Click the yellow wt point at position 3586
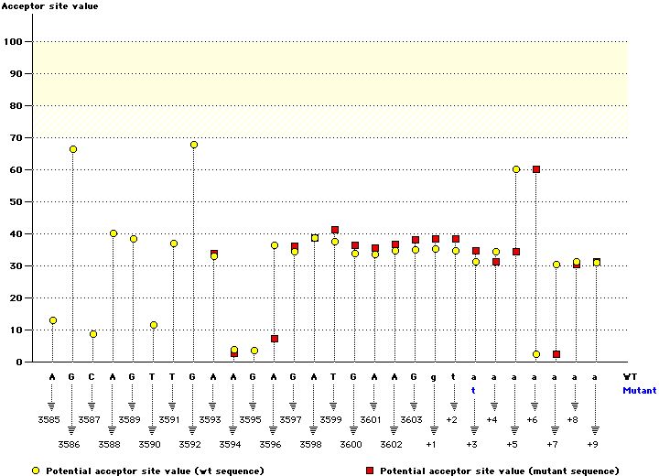tap(73, 149)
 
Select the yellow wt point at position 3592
tap(194, 145)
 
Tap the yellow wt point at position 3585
tap(53, 320)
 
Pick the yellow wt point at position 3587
tap(93, 334)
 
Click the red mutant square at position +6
tap(536, 169)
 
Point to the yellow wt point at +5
tap(516, 169)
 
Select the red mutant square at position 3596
tap(275, 339)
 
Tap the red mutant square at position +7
tap(556, 354)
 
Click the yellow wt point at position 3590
tap(154, 325)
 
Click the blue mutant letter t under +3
tap(474, 389)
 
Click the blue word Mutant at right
tap(639, 390)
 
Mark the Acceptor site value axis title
tap(50, 6)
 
